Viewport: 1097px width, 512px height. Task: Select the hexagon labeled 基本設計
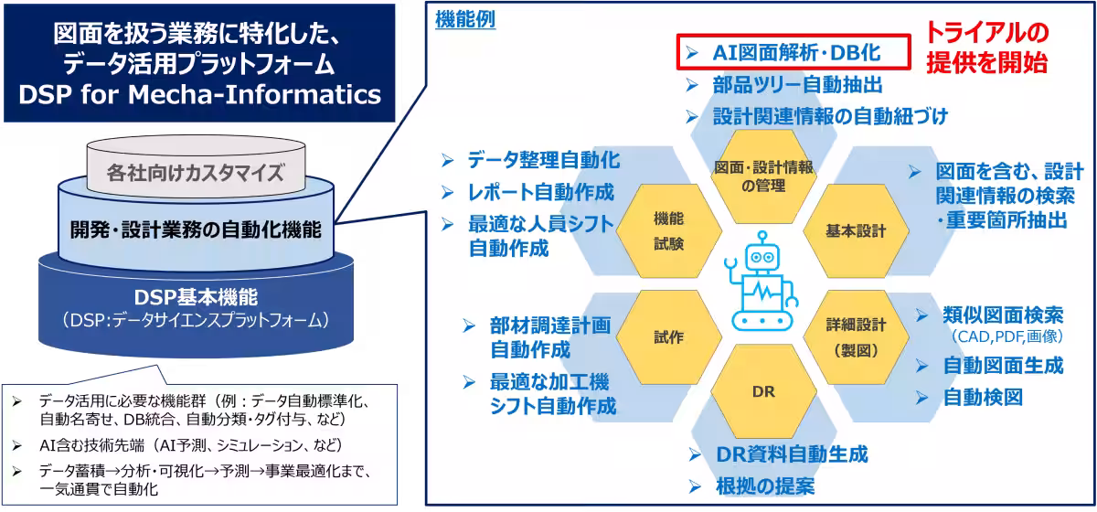pyautogui.click(x=856, y=230)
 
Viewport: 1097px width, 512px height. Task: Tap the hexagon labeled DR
pyautogui.click(x=763, y=391)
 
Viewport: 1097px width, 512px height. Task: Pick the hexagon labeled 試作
pyautogui.click(x=668, y=337)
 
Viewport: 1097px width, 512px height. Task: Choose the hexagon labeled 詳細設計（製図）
pyautogui.click(x=856, y=337)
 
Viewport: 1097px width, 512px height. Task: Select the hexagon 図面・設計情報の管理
pyautogui.click(x=763, y=175)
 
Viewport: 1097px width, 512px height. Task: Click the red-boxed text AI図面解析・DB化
pyautogui.click(x=795, y=53)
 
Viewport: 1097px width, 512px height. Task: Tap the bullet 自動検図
pyautogui.click(x=982, y=397)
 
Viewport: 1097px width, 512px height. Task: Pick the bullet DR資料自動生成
pyautogui.click(x=791, y=454)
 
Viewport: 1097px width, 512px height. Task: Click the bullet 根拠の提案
pyautogui.click(x=763, y=485)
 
